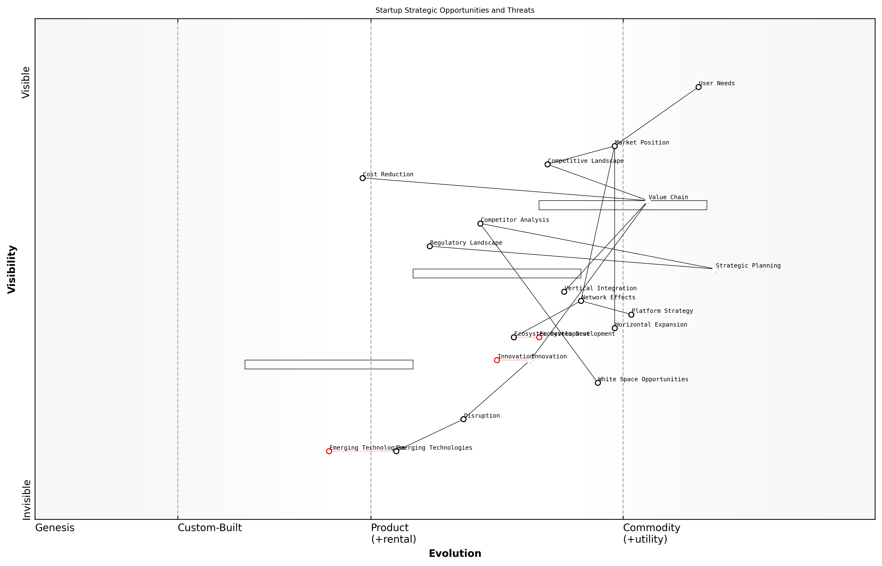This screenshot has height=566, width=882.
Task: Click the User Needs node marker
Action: coord(698,87)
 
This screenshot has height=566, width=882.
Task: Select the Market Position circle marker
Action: coord(614,146)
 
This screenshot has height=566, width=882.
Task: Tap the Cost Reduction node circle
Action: coord(362,178)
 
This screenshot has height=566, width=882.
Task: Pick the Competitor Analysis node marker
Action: coord(480,224)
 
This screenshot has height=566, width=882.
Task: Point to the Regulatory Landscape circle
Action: coord(430,246)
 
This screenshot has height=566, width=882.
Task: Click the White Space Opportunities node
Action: coord(598,383)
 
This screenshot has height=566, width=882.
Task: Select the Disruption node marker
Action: coord(463,419)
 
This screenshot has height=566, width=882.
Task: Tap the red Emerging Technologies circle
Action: coord(329,451)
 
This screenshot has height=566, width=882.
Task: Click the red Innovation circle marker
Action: coord(497,360)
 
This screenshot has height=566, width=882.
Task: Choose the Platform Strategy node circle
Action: coord(631,315)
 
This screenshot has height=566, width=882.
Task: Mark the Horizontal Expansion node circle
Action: coord(614,328)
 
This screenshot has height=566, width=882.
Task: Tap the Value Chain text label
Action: coord(668,197)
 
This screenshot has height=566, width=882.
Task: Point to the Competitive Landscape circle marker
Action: coord(547,164)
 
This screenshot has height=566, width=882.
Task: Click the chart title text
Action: coord(454,10)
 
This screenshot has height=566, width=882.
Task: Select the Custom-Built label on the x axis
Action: coord(210,528)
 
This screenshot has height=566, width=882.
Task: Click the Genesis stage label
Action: coord(55,528)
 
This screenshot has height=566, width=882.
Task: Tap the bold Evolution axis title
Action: coord(454,553)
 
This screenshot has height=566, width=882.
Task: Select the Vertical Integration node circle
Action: coord(564,292)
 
